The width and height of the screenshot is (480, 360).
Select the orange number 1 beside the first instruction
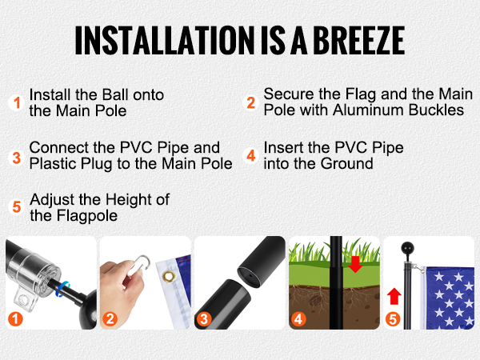[17, 103]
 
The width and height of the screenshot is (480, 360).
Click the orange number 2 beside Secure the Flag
[251, 103]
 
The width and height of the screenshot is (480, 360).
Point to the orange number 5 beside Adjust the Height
[17, 207]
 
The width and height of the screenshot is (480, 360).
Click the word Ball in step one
[114, 94]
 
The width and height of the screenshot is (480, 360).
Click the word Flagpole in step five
[86, 216]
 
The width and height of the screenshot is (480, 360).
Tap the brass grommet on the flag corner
[168, 276]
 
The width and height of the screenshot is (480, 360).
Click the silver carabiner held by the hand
[138, 266]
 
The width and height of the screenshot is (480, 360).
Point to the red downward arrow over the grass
[355, 264]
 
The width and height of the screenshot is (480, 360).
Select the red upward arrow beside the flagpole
[394, 296]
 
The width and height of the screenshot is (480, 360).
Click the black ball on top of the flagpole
[407, 248]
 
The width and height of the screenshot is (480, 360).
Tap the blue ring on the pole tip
[62, 290]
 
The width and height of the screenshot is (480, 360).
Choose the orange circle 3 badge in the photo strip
[204, 319]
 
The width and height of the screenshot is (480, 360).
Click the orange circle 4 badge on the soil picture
[298, 319]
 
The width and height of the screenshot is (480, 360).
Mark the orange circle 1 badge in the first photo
[15, 319]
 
